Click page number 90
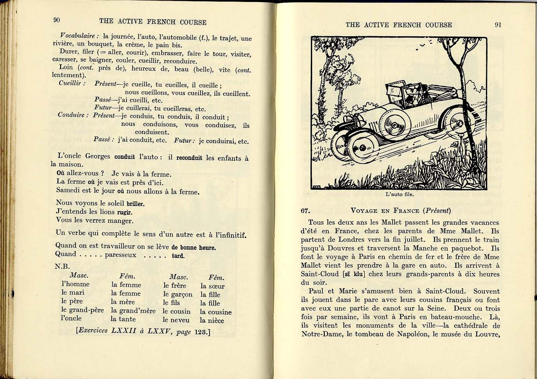coord(57,20)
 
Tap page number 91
coord(498,25)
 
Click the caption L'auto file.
coord(399,194)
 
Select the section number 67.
coord(305,211)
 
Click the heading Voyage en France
coord(385,211)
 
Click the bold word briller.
coord(135,204)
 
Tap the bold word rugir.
coord(125,212)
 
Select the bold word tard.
coord(178,256)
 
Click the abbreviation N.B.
coord(62,267)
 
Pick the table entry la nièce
coord(212,320)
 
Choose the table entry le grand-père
coord(82,310)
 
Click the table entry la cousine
coord(215,312)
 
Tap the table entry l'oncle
coord(71,318)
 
